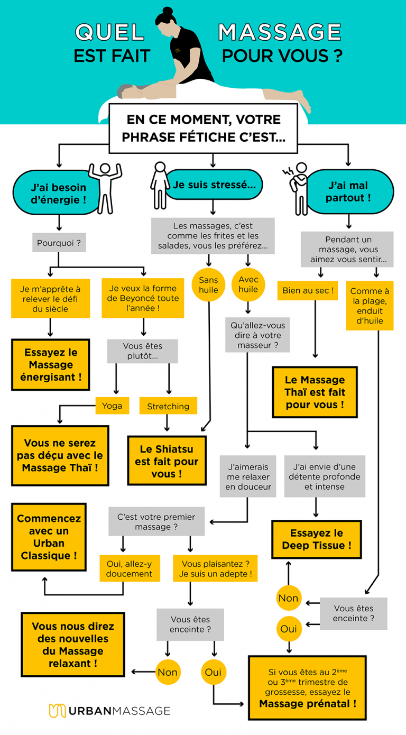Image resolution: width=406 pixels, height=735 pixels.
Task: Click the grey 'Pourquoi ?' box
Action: pos(58,244)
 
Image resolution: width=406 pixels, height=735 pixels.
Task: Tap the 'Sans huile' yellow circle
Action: pos(208,284)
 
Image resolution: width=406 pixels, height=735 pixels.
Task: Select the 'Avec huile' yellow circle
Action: pos(247,284)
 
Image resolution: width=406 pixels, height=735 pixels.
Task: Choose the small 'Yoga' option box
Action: pos(112,406)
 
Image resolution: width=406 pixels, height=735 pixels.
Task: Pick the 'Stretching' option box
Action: pos(168,406)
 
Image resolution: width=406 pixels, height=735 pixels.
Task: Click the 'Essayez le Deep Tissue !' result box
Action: pos(316,539)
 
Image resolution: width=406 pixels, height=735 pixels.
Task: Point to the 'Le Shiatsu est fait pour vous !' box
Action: pos(167,461)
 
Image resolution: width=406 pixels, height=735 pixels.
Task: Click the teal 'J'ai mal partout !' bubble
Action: pos(349,192)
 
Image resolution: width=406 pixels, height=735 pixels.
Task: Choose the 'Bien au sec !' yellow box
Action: pos(307,290)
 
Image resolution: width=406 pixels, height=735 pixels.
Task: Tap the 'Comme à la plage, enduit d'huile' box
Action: pos(370,305)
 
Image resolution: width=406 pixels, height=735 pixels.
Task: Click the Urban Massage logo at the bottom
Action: pos(109,711)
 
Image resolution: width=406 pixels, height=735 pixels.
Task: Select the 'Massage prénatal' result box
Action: pos(307,688)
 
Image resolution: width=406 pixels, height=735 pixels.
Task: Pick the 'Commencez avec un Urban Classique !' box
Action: pos(49,537)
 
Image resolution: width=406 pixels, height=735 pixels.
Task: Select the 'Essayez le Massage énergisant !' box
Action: pos(51,365)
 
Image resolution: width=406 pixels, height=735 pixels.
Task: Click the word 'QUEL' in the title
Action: pos(109,33)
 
